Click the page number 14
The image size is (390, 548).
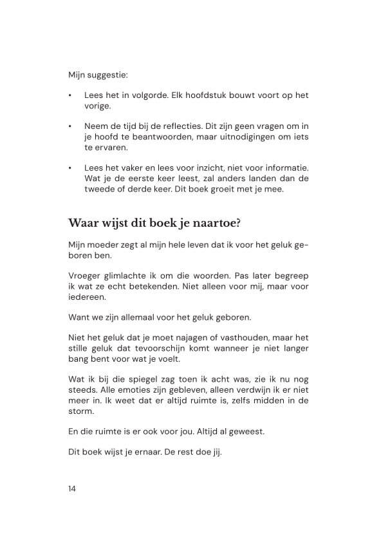(71, 488)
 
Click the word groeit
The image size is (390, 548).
(241, 189)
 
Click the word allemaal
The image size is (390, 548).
(133, 318)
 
